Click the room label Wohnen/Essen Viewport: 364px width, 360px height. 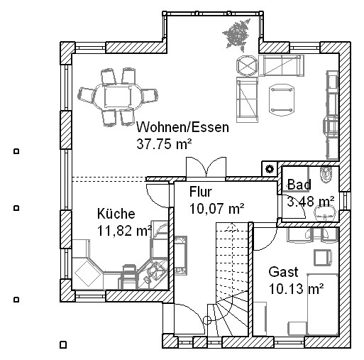click(x=182, y=127)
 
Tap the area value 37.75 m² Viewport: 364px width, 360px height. click(x=164, y=143)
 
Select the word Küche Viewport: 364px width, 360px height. click(x=116, y=214)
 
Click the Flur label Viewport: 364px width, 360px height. click(x=201, y=192)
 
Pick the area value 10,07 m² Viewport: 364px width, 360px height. click(x=217, y=209)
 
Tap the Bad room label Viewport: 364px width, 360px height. click(x=299, y=185)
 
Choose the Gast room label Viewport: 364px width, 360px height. click(x=283, y=272)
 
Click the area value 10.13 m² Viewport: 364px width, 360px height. click(x=297, y=289)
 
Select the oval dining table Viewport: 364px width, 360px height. click(x=118, y=97)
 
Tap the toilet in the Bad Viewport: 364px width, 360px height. click(x=326, y=175)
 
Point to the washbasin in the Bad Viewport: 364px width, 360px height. click(x=326, y=213)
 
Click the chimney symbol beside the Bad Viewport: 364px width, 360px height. click(x=270, y=169)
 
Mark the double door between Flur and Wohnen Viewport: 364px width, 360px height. click(x=206, y=167)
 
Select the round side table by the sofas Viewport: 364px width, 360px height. click(x=247, y=65)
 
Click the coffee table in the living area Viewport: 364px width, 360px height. click(x=282, y=99)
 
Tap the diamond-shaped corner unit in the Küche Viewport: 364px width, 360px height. click(x=87, y=275)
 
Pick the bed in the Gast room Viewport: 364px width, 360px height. click(x=323, y=305)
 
